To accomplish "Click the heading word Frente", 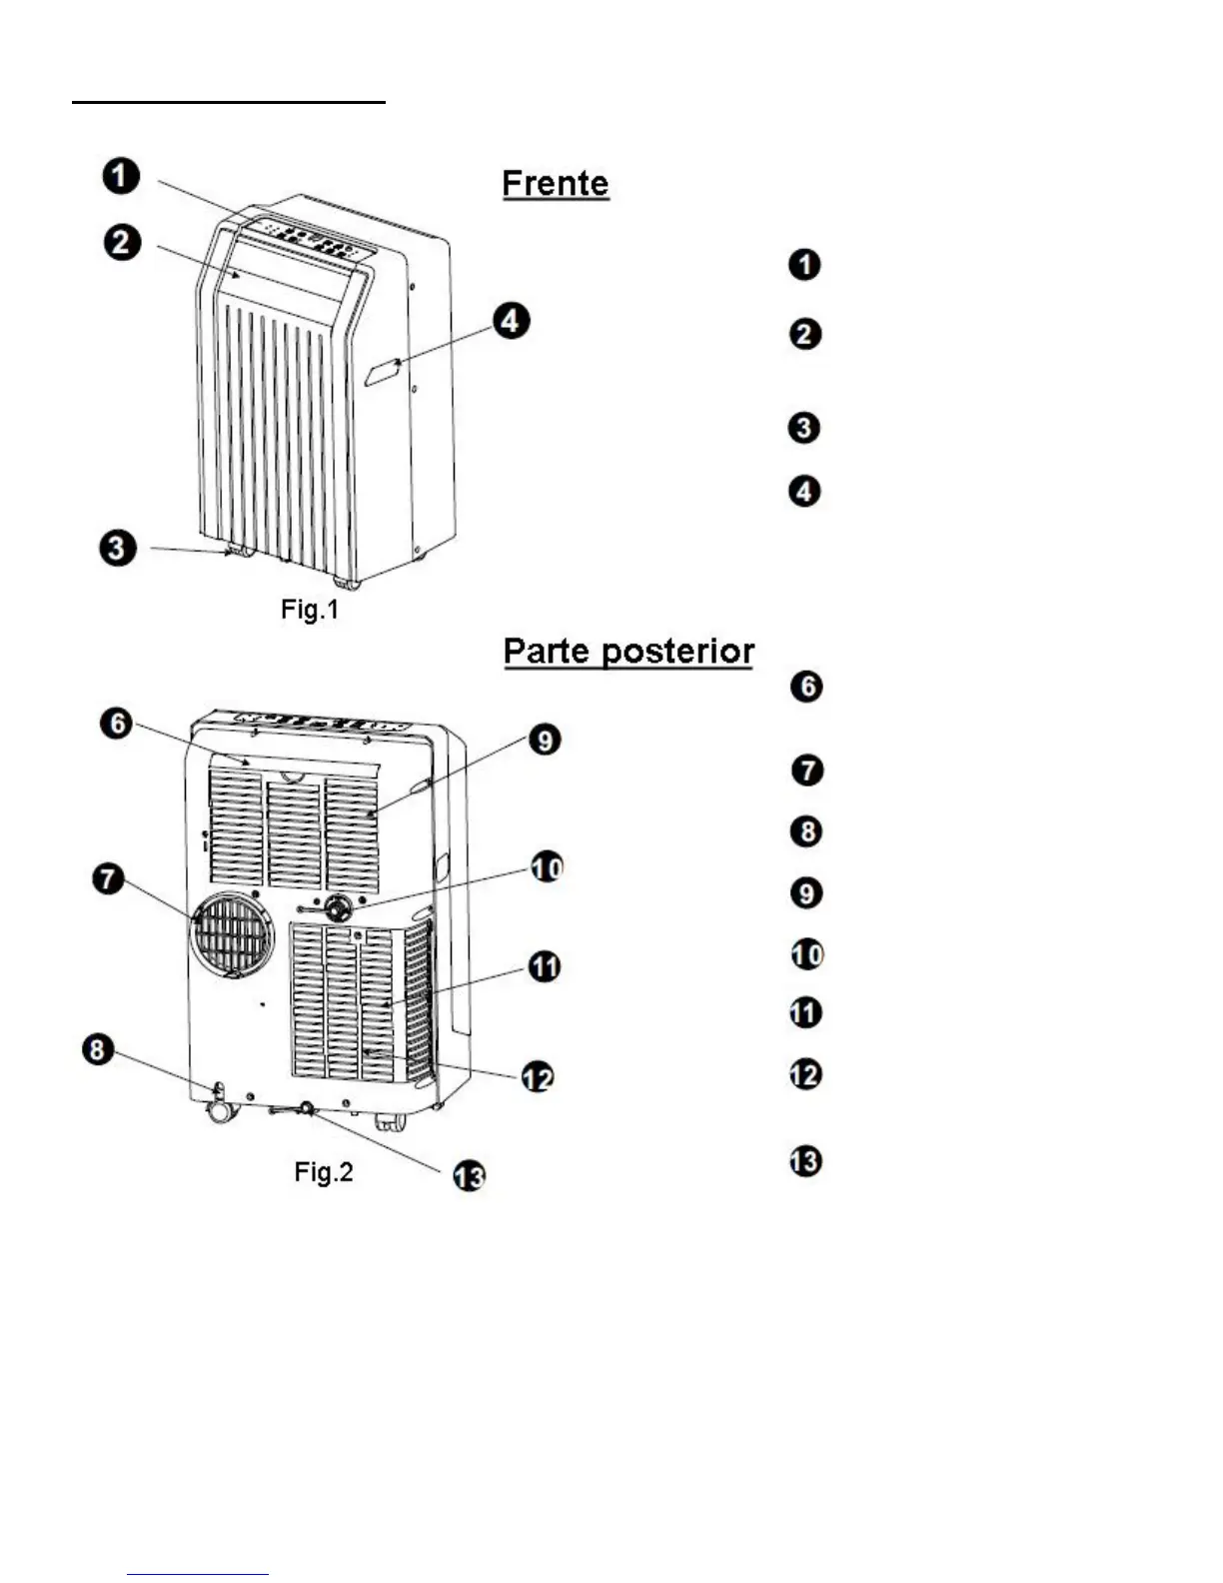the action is point(556,184).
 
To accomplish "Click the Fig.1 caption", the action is point(310,609).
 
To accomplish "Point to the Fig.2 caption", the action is point(324,1171).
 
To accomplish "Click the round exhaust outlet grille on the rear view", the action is point(233,932).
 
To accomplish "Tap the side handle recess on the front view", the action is point(383,373).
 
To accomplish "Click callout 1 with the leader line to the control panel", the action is point(121,177).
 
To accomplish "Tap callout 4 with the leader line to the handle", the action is point(512,321).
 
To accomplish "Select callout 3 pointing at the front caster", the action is point(118,548).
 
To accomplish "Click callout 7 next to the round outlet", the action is point(108,879).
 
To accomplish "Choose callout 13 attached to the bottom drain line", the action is point(469,1176).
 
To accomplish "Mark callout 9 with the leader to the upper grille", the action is point(545,741).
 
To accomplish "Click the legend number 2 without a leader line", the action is point(805,334).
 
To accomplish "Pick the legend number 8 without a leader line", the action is point(805,831).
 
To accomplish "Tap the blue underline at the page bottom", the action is point(198,1575).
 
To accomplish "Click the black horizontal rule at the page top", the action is point(229,101).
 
